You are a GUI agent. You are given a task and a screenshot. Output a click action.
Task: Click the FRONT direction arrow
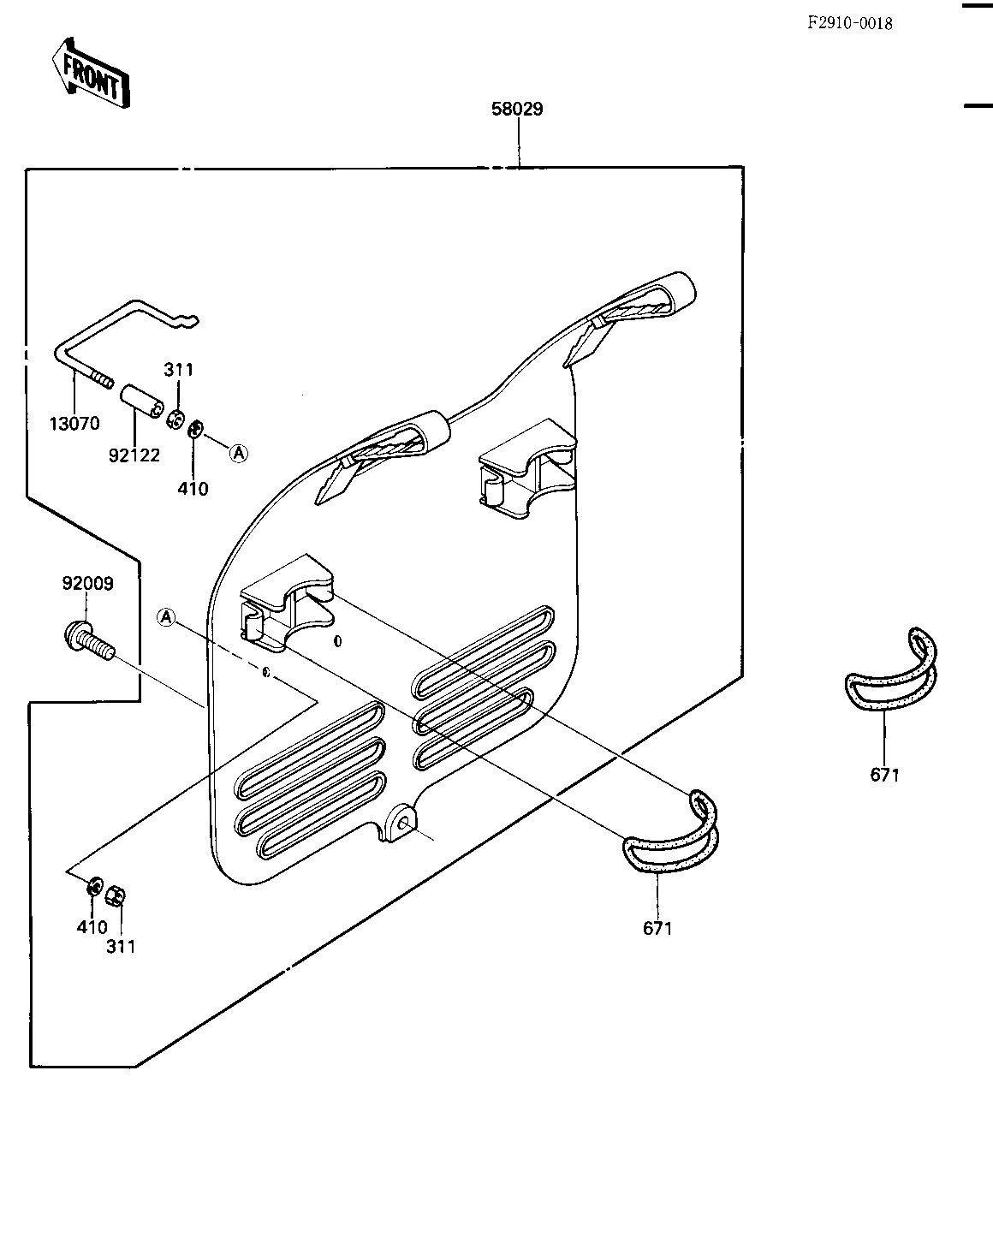[x=91, y=74]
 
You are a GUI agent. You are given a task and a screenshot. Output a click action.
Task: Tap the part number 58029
[x=517, y=109]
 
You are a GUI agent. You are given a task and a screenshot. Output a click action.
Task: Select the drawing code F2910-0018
[x=849, y=23]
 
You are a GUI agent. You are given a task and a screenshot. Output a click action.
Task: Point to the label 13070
[x=74, y=424]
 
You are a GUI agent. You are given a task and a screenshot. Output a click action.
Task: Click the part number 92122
[x=134, y=455]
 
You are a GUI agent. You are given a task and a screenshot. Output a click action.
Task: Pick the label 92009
[x=87, y=583]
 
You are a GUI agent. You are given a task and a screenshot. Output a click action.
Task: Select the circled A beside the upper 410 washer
[x=239, y=453]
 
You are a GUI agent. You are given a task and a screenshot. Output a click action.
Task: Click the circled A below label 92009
[x=167, y=617]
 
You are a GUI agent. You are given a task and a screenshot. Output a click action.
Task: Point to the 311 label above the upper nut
[x=178, y=370]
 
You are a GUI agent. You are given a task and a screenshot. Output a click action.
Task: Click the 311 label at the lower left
[x=121, y=947]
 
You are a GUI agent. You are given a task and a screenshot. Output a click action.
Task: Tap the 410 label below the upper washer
[x=193, y=489]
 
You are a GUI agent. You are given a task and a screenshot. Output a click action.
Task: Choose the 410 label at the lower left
[x=92, y=926]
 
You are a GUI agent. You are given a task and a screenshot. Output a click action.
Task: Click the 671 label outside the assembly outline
[x=884, y=775]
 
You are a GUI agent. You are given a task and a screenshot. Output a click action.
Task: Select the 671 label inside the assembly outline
[x=657, y=929]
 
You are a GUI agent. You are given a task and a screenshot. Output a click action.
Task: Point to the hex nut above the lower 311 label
[x=116, y=895]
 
